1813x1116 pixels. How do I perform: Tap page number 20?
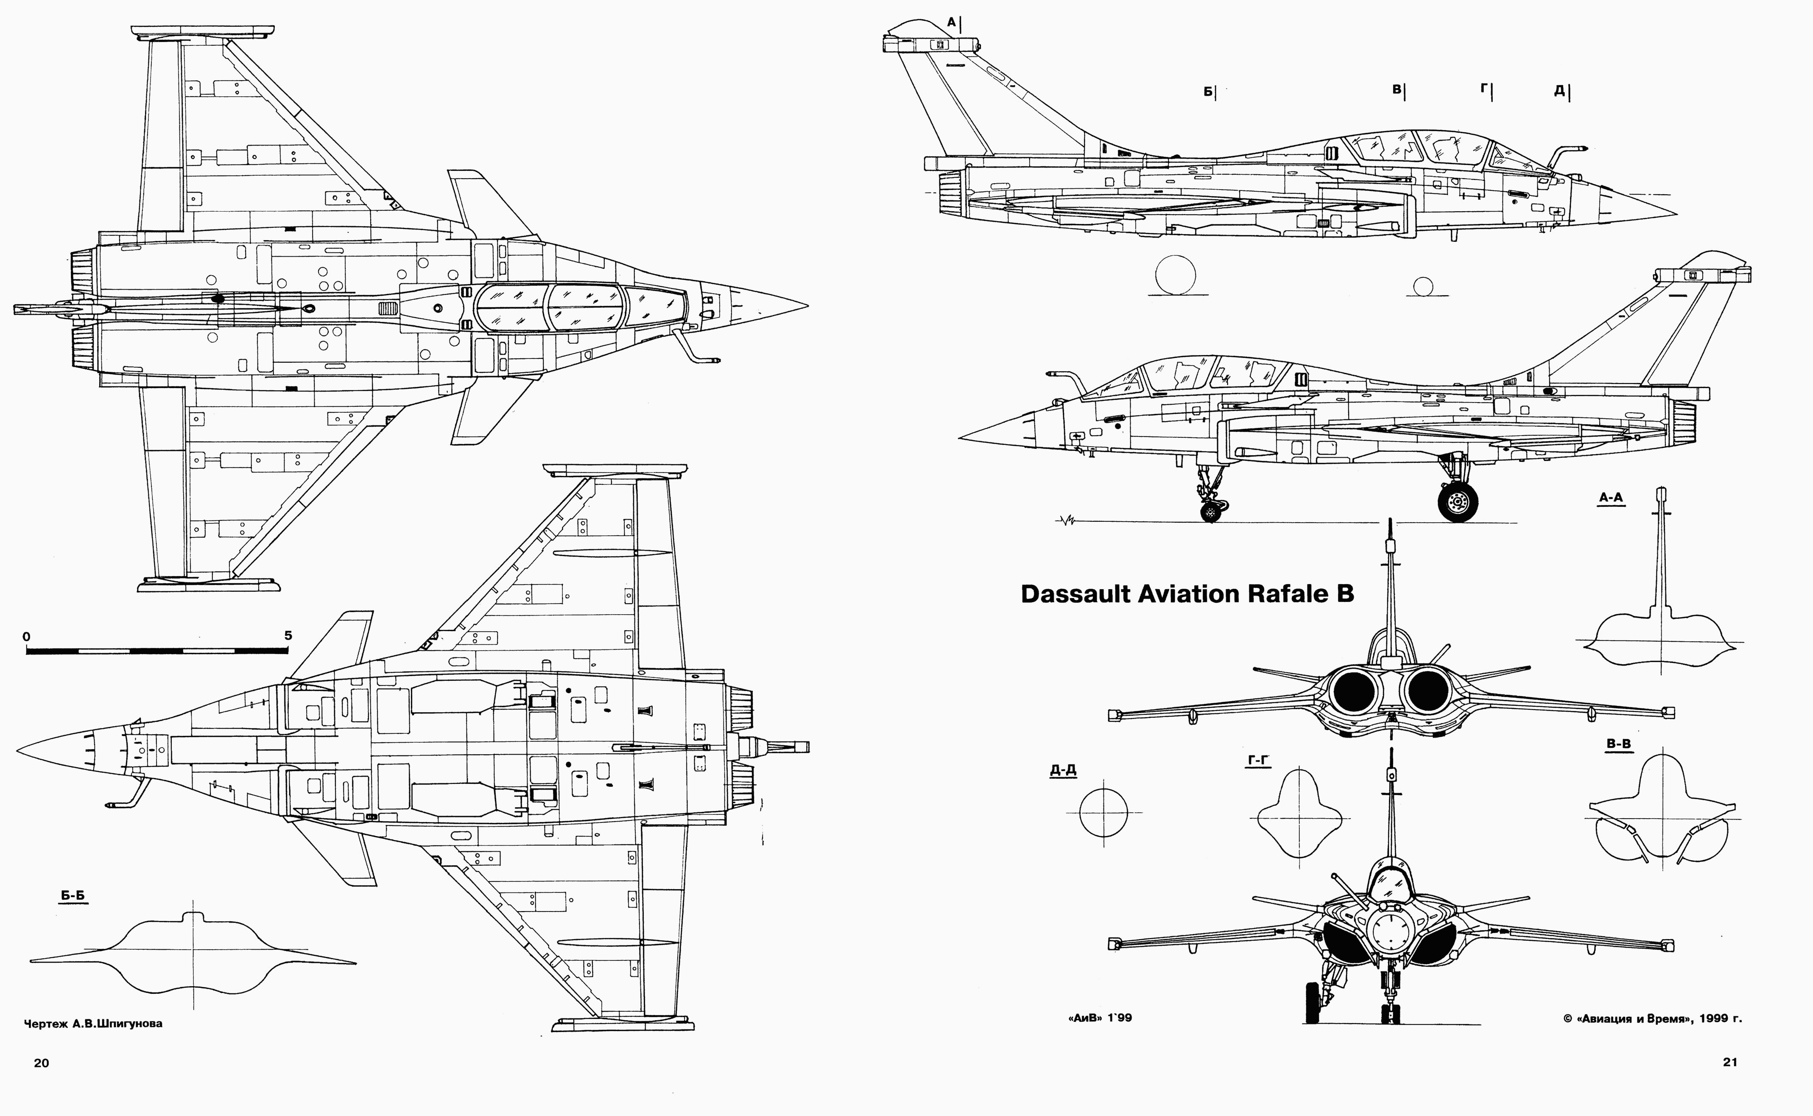pos(41,1063)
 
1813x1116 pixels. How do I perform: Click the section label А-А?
pos(1611,498)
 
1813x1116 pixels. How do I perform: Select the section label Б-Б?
pos(73,896)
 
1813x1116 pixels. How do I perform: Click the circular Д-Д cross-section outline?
pos(1103,812)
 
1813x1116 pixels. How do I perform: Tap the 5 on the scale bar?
pos(288,635)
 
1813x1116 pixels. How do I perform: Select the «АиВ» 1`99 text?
pos(1099,1018)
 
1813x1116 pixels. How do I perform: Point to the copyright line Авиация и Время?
pos(1652,1018)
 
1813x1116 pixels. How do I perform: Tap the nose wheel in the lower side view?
pos(1210,511)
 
